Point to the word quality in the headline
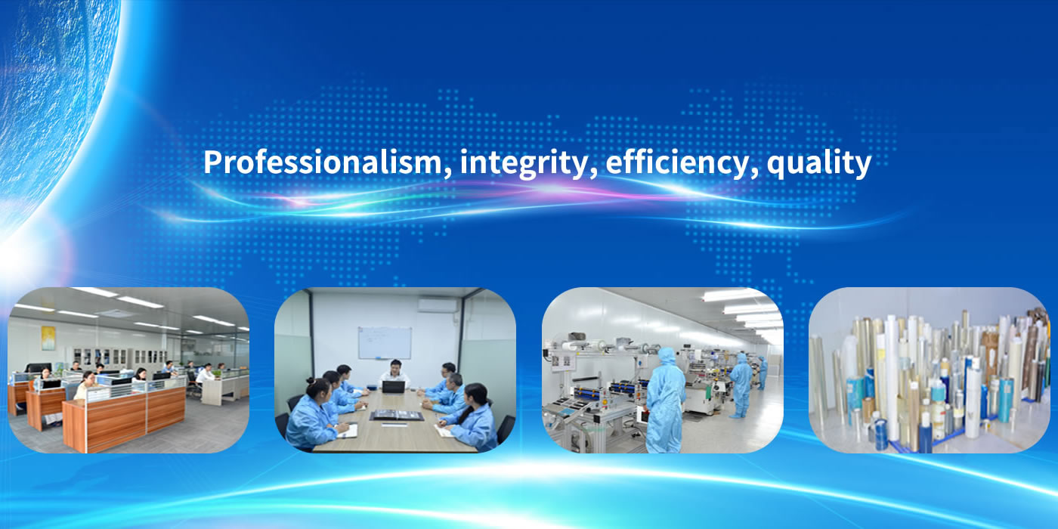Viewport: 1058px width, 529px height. (818, 164)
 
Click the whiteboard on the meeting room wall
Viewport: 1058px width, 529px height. (385, 343)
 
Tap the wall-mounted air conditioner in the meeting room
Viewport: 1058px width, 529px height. (438, 305)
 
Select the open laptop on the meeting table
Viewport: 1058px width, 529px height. (394, 387)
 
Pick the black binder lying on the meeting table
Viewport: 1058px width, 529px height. (398, 415)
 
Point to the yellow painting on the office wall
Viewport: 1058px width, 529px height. (48, 338)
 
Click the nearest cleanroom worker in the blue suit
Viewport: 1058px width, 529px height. (665, 400)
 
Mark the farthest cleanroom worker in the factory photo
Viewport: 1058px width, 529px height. (763, 373)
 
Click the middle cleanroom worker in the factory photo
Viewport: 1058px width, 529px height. (741, 385)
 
